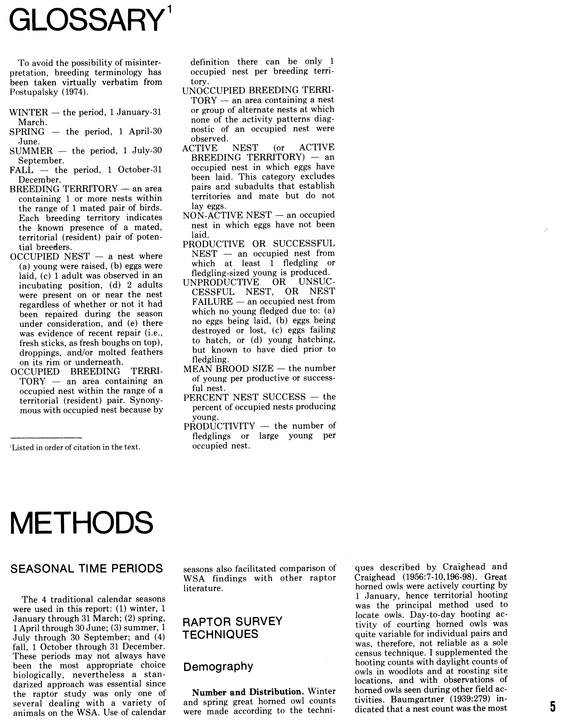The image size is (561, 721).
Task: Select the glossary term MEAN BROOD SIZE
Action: pos(228,368)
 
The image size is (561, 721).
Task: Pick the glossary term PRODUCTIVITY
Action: pos(219,426)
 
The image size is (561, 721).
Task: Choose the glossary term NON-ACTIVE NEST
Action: pos(227,215)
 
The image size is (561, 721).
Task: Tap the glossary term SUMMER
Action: pos(31,151)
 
